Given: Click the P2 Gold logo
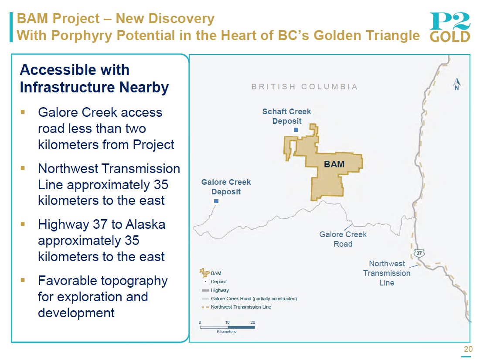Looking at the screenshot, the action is pos(449,27).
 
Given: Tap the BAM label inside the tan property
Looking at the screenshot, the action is pos(334,164).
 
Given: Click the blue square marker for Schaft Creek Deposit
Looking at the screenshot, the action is pos(296,130).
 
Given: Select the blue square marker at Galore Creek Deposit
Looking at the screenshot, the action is pos(216,201).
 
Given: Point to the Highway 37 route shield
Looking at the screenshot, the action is pos(419,253).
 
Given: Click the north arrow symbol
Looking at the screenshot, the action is pos(457,84).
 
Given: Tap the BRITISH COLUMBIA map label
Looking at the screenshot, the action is pos(305,87).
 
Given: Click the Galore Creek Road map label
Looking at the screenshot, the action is pos(343,239).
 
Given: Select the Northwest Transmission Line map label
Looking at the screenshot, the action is pos(387,273).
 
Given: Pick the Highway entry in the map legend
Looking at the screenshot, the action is pos(215,290).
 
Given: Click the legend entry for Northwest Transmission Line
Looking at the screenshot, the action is pos(236,307).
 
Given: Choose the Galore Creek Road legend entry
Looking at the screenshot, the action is pos(249,299).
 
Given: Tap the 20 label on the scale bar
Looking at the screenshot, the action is pos(252,323).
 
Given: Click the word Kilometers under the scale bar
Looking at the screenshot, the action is pos(226,332).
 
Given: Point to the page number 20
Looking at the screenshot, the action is pos(468,349).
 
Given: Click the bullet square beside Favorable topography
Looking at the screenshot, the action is pos(23,280).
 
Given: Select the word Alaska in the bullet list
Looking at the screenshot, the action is pos(146,224).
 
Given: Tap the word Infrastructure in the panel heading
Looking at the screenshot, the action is pos(67,87).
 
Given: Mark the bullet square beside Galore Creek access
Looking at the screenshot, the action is pos(23,112).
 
